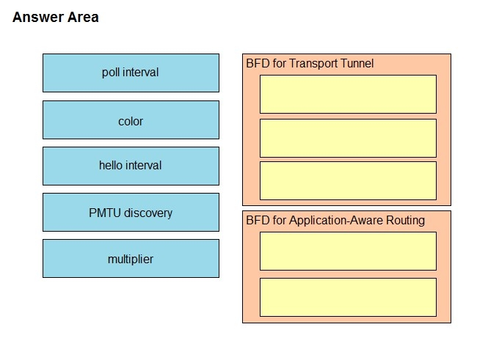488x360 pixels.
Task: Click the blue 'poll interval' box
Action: (131, 73)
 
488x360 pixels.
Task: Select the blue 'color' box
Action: (131, 120)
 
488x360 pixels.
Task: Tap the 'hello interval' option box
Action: (131, 166)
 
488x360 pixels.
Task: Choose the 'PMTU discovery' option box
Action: (131, 213)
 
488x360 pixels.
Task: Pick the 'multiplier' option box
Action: (131, 258)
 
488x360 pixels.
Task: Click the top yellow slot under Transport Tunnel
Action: (348, 94)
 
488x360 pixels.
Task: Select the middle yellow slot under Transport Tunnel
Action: (348, 138)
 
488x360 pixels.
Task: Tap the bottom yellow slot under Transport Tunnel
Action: (348, 180)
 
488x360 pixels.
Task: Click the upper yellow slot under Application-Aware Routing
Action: (348, 251)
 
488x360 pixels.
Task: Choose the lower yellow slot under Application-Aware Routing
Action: (348, 297)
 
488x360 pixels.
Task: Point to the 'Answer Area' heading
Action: (55, 17)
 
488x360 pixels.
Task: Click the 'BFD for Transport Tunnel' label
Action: (310, 64)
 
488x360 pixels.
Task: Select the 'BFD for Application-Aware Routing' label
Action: (335, 221)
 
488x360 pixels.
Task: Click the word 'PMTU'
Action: (105, 213)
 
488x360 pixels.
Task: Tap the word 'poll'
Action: (111, 73)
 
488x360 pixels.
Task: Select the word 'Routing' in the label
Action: (405, 221)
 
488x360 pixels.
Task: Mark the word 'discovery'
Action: (148, 213)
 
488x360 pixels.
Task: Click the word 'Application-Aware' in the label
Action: (336, 221)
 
